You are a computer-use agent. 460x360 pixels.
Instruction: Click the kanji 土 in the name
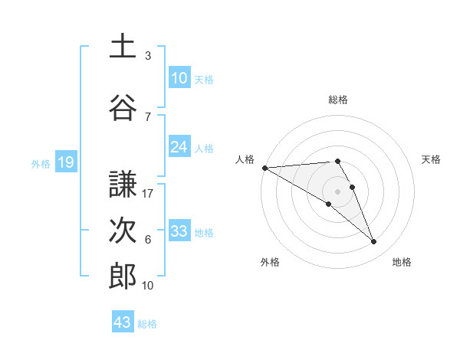point(123,45)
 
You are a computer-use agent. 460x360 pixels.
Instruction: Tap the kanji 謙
point(123,183)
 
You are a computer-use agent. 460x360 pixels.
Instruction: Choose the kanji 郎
point(123,276)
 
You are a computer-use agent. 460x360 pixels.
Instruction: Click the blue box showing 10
point(179,78)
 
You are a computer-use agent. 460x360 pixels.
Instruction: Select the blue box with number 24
point(179,147)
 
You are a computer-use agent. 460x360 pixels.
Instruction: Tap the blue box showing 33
point(179,231)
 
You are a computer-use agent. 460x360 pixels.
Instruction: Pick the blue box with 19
point(65,162)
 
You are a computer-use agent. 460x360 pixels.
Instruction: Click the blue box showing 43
point(123,322)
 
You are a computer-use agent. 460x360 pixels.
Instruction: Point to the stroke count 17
point(148,193)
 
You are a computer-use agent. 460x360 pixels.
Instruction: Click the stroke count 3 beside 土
point(148,56)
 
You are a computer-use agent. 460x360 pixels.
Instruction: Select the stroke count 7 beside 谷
point(148,116)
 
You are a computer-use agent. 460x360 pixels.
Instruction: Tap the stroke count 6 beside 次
point(148,240)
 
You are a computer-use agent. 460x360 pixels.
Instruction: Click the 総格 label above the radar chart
point(337,100)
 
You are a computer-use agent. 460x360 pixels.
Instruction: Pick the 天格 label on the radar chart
point(431,159)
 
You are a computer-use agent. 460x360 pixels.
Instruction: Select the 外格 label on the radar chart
point(270,262)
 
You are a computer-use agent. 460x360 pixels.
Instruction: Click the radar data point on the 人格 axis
point(264,167)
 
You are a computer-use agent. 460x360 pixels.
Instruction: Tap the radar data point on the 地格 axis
point(374,242)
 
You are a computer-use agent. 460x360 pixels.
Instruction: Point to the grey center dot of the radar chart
point(337,191)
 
